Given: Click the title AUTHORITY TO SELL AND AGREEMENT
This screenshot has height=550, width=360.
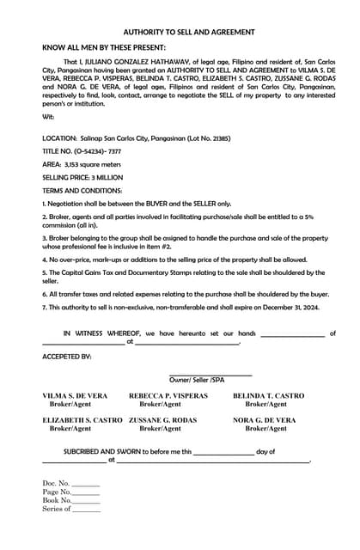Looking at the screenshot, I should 188,32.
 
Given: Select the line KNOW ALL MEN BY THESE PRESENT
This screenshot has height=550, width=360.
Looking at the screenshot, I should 104,48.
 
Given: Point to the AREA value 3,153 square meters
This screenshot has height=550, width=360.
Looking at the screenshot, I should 93,163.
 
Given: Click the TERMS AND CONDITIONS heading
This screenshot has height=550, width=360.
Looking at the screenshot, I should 82,190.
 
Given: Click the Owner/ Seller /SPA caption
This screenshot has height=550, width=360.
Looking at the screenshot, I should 198,379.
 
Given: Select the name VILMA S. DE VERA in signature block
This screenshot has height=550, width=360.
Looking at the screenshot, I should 76,395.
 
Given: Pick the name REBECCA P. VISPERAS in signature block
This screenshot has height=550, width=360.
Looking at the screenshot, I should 168,395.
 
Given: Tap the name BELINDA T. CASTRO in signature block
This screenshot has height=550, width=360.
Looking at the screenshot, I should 268,395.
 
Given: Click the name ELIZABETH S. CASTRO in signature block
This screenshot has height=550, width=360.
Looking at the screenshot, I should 82,420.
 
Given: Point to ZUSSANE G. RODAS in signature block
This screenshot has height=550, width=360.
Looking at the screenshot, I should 162,420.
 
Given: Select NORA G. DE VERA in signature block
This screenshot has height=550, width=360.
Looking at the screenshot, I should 265,420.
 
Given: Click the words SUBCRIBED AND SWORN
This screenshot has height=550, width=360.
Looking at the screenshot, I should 106,451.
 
